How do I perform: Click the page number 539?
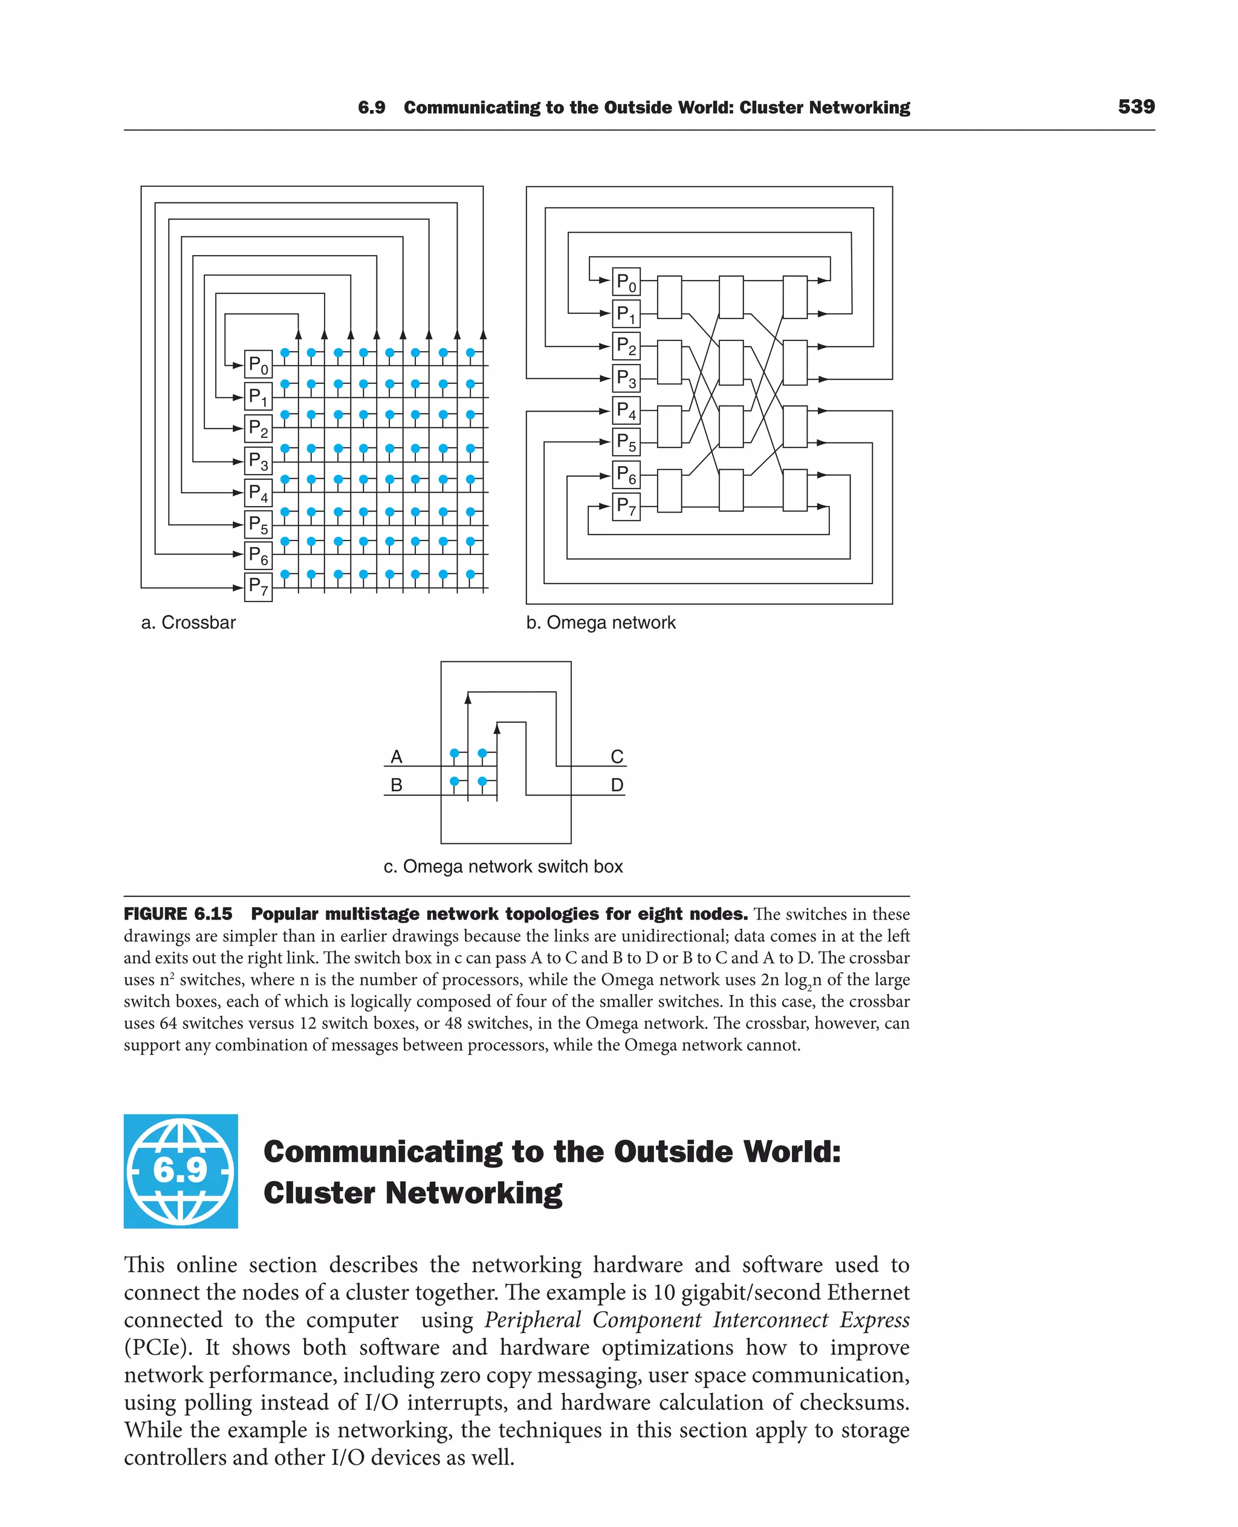[x=1136, y=107]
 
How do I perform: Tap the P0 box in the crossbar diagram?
[x=258, y=365]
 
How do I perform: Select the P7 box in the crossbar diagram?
[x=258, y=587]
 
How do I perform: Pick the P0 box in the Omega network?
[x=626, y=282]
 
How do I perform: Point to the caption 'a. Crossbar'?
[x=188, y=623]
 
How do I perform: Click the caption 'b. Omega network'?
[x=600, y=623]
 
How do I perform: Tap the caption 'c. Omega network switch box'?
[x=503, y=866]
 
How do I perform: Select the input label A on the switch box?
[x=397, y=757]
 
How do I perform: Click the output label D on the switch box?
[x=617, y=785]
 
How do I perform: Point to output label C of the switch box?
[x=617, y=757]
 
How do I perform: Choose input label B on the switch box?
[x=397, y=785]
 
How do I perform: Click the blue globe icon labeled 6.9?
[x=180, y=1170]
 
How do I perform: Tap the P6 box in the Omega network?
[x=626, y=475]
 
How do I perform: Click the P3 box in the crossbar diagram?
[x=258, y=461]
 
